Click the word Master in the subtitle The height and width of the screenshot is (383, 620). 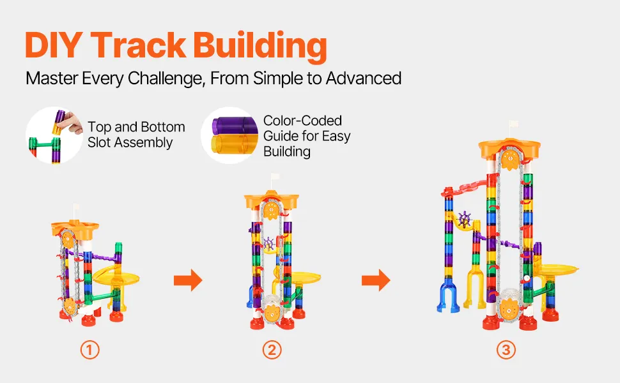click(x=52, y=79)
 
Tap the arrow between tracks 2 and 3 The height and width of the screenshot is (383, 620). click(x=376, y=280)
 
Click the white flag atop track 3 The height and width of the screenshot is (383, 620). click(x=513, y=126)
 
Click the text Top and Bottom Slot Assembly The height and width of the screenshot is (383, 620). click(x=136, y=135)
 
